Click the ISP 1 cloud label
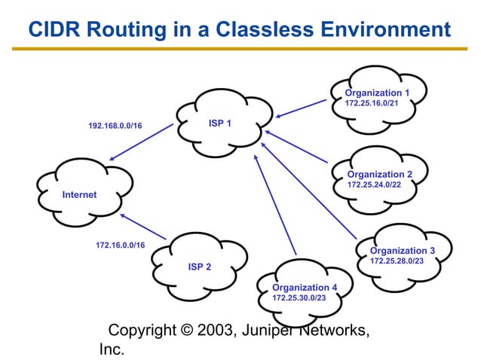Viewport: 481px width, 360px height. [220, 124]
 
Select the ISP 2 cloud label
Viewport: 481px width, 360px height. [199, 267]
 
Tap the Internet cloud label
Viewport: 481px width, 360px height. [79, 194]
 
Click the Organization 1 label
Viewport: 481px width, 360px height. [377, 93]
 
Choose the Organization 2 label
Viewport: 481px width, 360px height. [380, 174]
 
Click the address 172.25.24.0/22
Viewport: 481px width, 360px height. [374, 184]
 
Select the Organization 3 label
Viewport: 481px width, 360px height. [403, 250]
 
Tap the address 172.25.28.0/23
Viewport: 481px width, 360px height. [397, 261]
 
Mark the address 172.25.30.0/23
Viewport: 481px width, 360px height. [299, 298]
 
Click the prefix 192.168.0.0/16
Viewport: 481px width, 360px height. [115, 126]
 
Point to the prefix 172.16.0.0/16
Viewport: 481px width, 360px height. [121, 245]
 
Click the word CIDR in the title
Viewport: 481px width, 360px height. [55, 29]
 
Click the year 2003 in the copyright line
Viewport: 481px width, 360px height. [216, 331]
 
